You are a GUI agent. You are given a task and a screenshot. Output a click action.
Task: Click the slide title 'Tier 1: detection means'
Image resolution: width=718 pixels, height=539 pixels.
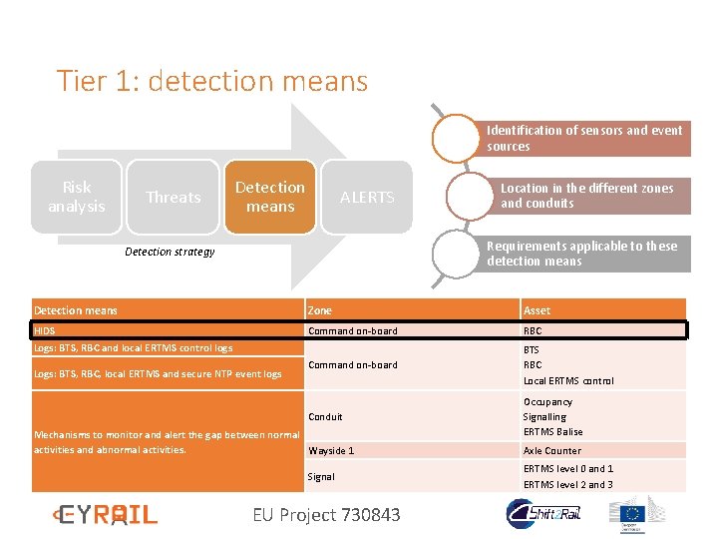(x=211, y=81)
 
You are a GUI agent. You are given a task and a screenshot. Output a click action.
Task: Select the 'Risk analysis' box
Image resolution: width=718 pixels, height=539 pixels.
(x=77, y=197)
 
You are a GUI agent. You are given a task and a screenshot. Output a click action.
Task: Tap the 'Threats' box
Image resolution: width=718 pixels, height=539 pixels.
(x=174, y=198)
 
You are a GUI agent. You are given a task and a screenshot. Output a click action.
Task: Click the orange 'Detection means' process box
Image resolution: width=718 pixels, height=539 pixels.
(x=270, y=197)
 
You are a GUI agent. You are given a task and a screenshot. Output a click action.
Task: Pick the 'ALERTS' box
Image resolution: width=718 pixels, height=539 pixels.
(x=367, y=198)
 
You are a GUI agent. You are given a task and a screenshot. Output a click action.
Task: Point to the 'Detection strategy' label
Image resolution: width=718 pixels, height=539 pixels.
(x=170, y=252)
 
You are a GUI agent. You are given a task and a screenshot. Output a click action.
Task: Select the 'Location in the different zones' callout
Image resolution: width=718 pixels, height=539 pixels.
(x=586, y=196)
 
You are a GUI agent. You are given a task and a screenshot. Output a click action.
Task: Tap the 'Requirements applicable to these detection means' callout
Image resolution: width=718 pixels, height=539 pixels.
(x=582, y=254)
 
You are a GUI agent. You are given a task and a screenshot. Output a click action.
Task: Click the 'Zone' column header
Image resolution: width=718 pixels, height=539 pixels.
(x=320, y=310)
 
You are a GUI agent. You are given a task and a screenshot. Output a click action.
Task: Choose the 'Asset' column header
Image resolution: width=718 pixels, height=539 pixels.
(x=537, y=310)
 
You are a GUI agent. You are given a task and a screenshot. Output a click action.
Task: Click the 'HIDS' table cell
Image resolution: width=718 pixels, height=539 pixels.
(x=45, y=330)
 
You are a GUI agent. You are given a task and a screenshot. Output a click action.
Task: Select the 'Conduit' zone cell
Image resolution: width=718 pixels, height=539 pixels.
(x=325, y=416)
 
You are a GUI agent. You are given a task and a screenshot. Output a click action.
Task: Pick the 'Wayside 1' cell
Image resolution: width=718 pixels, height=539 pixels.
(x=331, y=450)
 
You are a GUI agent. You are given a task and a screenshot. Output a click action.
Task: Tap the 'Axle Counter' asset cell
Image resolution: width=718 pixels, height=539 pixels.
(x=552, y=450)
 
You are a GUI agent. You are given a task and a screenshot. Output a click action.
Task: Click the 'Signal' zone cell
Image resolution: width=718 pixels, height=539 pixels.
(x=321, y=476)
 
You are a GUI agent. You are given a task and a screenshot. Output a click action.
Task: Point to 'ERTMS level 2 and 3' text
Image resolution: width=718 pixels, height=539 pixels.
(x=567, y=484)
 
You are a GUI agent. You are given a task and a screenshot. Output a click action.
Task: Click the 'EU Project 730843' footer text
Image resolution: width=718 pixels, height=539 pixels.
(x=326, y=515)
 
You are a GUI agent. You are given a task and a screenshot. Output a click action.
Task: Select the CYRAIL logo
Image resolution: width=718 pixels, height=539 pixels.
(x=105, y=514)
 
